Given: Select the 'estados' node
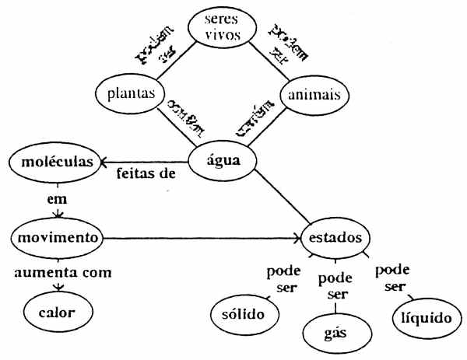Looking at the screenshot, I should (x=334, y=236).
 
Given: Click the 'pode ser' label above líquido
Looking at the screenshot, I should (x=393, y=278).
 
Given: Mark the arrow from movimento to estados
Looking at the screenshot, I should (x=202, y=235).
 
